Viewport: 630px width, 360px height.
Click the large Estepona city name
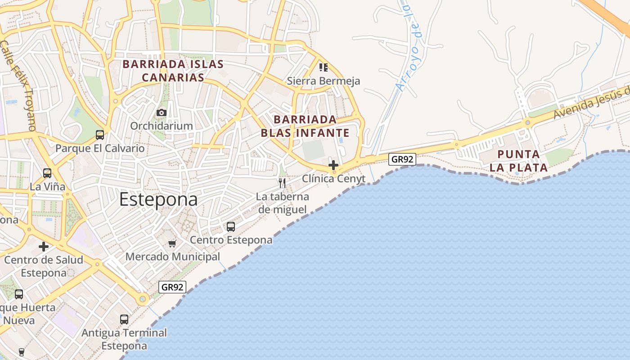(158, 200)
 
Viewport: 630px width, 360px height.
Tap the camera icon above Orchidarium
(162, 112)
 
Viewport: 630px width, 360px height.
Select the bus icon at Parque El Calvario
(100, 135)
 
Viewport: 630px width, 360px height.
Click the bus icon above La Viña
(47, 173)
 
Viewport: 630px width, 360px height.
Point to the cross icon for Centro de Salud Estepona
(44, 247)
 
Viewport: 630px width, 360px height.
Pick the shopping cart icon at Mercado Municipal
(172, 244)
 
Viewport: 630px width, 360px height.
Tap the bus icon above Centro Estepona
(231, 226)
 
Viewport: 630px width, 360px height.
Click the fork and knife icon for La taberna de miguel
(282, 183)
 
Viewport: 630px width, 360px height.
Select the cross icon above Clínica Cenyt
(333, 165)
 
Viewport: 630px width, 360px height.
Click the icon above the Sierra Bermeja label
(324, 67)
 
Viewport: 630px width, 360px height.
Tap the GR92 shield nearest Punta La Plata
(402, 159)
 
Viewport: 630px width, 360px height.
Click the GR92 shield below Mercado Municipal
(172, 287)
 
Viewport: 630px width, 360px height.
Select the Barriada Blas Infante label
(305, 126)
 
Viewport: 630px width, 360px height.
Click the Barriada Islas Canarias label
(173, 71)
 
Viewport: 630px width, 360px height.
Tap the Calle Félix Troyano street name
(18, 85)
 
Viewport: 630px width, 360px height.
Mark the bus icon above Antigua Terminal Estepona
(124, 319)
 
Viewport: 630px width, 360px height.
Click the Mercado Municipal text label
(173, 257)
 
